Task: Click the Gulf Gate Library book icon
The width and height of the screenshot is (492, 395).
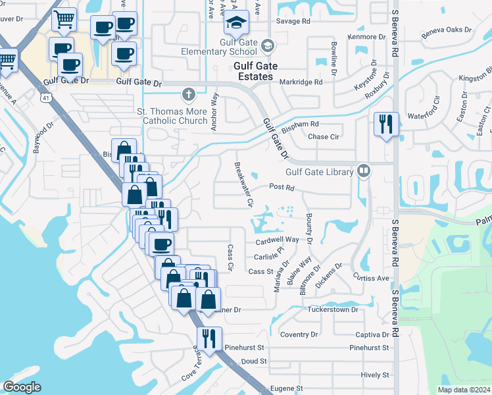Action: click(364, 172)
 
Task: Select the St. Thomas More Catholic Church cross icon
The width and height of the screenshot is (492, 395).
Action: click(189, 93)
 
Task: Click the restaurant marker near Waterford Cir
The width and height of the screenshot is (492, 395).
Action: click(385, 123)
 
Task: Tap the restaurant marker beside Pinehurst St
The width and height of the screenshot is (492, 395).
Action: click(209, 338)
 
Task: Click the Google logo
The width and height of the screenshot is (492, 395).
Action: click(22, 387)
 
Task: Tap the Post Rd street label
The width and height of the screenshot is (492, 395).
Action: click(280, 187)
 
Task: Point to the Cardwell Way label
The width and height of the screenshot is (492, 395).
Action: click(277, 241)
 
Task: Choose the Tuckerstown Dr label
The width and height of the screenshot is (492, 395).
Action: click(332, 309)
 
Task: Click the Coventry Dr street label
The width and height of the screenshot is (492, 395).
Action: click(299, 334)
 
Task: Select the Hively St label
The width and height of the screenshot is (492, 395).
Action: click(375, 375)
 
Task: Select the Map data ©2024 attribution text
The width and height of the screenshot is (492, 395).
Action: click(464, 390)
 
